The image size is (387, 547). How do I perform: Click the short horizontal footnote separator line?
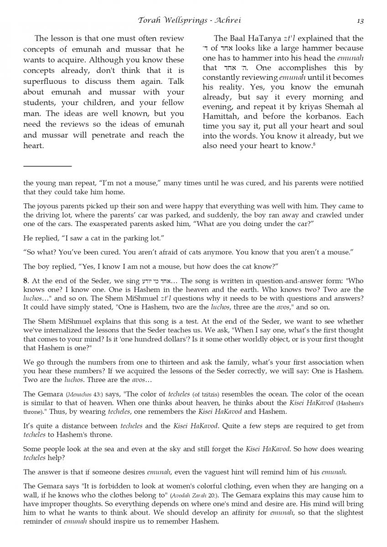[47, 166]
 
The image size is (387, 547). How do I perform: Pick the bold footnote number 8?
[25, 280]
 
